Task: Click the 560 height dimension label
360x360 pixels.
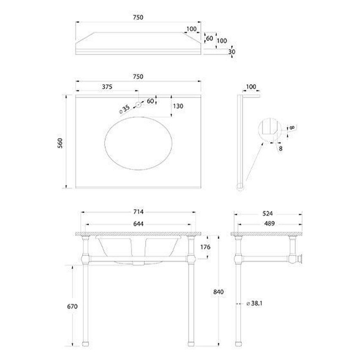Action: [x=60, y=143]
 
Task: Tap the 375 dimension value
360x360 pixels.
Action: [x=107, y=87]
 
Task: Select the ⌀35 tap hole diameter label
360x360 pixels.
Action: [x=125, y=109]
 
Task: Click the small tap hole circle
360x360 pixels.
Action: [x=138, y=105]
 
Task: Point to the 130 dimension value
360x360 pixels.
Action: [x=178, y=106]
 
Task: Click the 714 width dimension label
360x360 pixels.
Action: [x=138, y=212]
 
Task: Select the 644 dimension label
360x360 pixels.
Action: [x=138, y=224]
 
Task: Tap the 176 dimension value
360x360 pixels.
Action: [x=205, y=247]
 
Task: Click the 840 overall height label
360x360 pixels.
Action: [x=219, y=292]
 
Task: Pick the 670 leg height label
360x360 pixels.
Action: [x=72, y=306]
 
